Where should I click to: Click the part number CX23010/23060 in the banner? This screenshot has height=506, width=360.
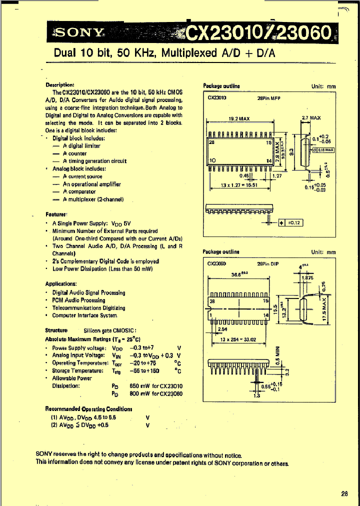(257, 33)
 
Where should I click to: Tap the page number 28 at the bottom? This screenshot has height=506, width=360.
(344, 493)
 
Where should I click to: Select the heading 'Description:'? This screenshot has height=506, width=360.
(59, 85)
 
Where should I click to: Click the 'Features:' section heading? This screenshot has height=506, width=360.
(56, 214)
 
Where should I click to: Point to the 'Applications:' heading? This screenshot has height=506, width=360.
(61, 283)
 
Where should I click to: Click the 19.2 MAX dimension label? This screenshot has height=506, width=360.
(239, 118)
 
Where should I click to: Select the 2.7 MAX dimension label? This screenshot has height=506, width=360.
(311, 118)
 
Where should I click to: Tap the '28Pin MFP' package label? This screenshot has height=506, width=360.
(269, 98)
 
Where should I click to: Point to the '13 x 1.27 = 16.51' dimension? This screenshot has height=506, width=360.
(239, 184)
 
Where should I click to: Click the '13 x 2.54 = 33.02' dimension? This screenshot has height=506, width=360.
(238, 339)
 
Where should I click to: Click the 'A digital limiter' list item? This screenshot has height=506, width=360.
(81, 146)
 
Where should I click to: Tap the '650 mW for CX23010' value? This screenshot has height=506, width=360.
(156, 386)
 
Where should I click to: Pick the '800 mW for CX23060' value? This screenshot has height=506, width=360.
(156, 394)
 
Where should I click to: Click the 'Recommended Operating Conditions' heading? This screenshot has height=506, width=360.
(88, 408)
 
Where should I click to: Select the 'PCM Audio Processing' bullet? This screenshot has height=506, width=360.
(78, 300)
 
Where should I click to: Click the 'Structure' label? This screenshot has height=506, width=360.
(56, 330)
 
